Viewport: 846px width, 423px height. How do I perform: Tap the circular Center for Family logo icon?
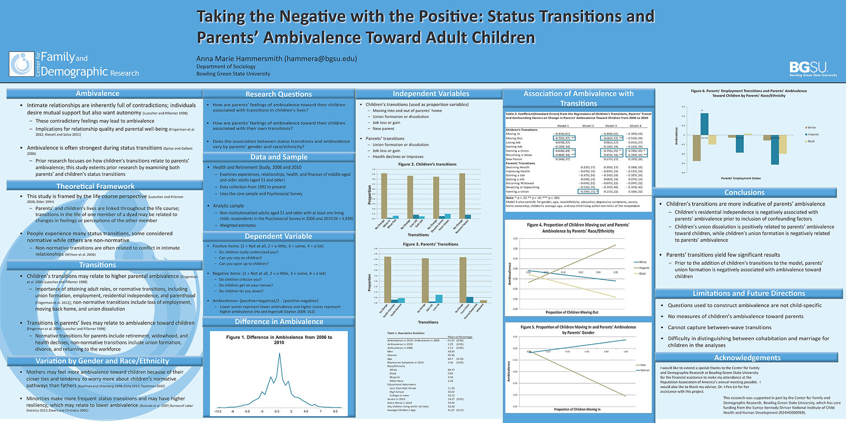pyautogui.click(x=21, y=64)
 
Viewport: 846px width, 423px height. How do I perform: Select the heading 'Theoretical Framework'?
pyautogui.click(x=96, y=186)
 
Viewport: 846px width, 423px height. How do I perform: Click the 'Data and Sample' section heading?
pyautogui.click(x=278, y=157)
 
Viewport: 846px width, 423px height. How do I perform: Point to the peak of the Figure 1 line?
pyautogui.click(x=279, y=353)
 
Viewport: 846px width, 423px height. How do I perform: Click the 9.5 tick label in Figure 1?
pyautogui.click(x=335, y=412)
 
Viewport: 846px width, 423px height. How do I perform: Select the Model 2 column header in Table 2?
pyautogui.click(x=588, y=126)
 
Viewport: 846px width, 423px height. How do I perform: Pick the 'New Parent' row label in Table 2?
pyautogui.click(x=514, y=159)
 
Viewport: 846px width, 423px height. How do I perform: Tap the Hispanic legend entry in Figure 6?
pyautogui.click(x=813, y=134)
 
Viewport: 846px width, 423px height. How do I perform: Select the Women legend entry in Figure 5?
pyautogui.click(x=645, y=370)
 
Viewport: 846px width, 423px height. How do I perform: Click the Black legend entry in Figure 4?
pyautogui.click(x=642, y=274)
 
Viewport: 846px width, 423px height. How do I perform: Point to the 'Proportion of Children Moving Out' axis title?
pyautogui.click(x=572, y=312)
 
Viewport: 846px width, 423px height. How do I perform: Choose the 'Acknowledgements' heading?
pyautogui.click(x=747, y=358)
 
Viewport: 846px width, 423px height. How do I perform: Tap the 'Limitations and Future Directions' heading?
pyautogui.click(x=749, y=293)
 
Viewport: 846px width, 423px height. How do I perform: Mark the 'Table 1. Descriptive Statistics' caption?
pyautogui.click(x=406, y=333)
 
